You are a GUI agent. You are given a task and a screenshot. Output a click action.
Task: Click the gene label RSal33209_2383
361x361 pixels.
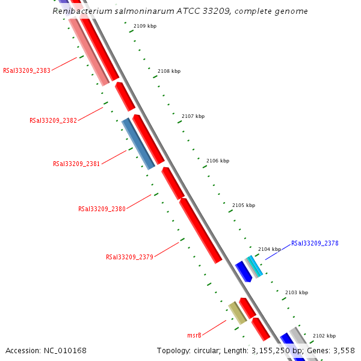click(26, 70)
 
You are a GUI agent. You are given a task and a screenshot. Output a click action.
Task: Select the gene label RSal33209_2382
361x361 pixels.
click(53, 120)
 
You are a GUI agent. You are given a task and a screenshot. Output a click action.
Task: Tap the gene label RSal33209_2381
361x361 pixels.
click(76, 164)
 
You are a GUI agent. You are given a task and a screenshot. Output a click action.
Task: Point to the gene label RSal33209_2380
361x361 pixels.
click(102, 209)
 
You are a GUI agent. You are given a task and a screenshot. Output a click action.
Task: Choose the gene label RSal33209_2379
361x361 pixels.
click(129, 257)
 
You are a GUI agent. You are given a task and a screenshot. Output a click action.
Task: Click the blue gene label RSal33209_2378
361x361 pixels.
click(315, 244)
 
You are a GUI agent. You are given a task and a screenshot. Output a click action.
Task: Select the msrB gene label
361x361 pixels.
click(194, 335)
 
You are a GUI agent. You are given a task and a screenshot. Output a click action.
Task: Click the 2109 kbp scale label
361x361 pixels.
click(145, 26)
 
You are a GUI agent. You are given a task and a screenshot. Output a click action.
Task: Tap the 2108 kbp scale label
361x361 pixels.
click(169, 71)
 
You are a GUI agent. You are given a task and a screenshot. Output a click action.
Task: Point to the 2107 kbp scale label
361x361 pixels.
click(193, 116)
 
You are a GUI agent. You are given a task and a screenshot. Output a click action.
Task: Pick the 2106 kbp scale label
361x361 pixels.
click(218, 161)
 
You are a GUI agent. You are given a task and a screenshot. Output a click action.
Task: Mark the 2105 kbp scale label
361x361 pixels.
click(244, 205)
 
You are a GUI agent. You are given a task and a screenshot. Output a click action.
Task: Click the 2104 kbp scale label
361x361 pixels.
click(270, 249)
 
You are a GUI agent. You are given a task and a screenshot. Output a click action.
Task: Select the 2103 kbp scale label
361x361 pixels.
click(297, 292)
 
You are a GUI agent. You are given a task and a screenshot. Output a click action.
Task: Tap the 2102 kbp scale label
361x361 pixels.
click(324, 336)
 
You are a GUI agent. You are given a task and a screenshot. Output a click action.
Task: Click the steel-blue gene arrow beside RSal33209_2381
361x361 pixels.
click(138, 143)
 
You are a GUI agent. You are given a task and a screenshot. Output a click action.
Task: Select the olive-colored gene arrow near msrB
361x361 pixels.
click(237, 313)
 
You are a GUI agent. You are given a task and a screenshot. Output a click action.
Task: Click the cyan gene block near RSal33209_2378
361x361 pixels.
click(255, 267)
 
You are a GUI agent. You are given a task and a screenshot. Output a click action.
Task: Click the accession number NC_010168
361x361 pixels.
click(46, 350)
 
